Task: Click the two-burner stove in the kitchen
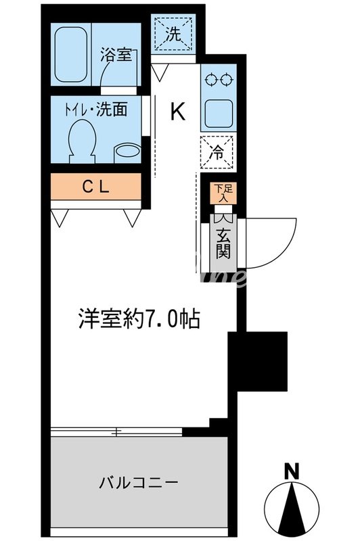click(219, 79)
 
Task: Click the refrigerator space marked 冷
click(218, 153)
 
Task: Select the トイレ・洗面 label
click(98, 108)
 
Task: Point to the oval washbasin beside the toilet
click(126, 151)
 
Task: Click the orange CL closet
click(96, 187)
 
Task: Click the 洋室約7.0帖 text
click(141, 318)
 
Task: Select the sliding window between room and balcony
click(118, 431)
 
